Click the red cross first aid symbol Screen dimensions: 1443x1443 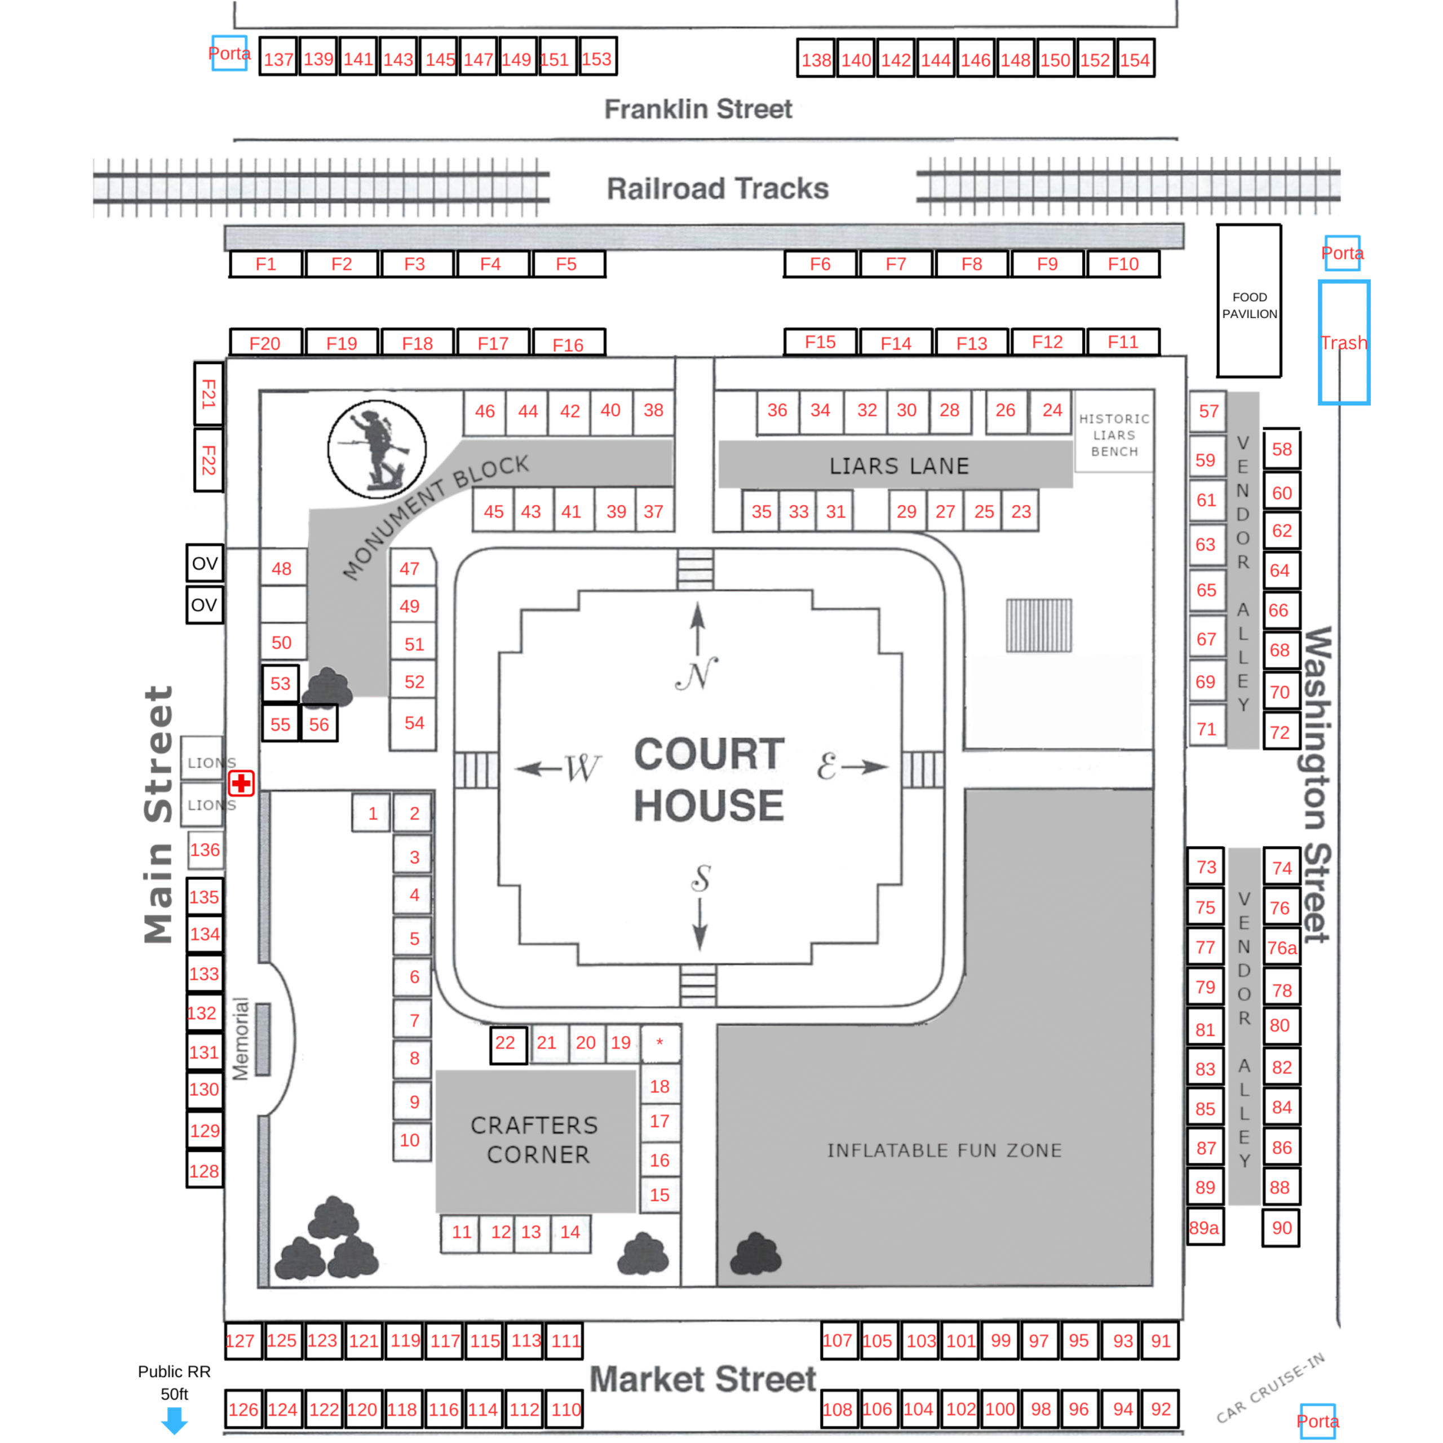coord(241,784)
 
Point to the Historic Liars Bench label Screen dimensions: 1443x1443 coord(1114,435)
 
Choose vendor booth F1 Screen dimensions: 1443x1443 coord(266,264)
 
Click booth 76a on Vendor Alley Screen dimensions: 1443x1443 coord(1282,948)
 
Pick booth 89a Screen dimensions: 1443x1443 coord(1204,1228)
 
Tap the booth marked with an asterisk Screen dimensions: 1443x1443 coord(659,1043)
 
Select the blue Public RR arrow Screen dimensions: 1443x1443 coord(175,1420)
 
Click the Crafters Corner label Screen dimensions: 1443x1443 coord(535,1140)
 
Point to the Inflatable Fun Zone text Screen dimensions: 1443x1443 coord(944,1150)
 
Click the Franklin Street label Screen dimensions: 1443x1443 coord(698,109)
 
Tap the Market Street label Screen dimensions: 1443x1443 coord(702,1379)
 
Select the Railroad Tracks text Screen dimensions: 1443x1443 coord(717,188)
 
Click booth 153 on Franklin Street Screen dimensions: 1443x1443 coord(597,59)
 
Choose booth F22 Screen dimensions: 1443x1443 coord(209,459)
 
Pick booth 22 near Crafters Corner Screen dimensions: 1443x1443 coord(506,1043)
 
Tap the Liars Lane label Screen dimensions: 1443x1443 coord(898,466)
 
